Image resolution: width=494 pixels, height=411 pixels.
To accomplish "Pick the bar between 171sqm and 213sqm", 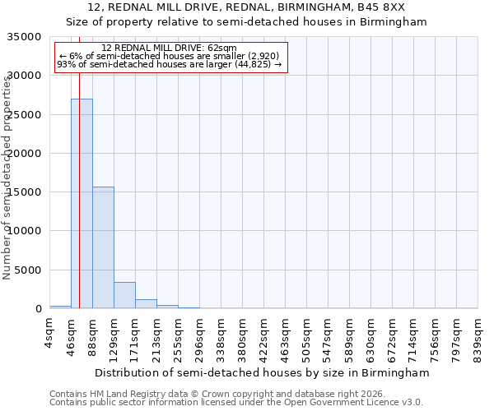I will click(146, 303).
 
